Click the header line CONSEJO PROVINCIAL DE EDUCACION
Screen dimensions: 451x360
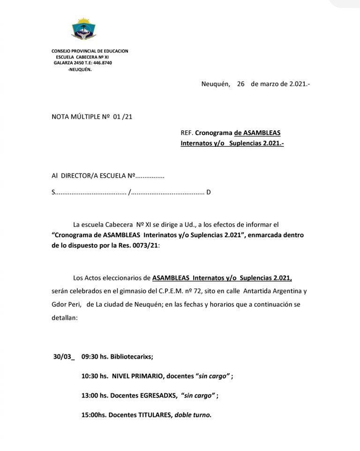click(x=90, y=51)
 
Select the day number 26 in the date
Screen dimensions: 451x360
click(x=241, y=84)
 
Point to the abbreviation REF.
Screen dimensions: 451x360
click(x=187, y=133)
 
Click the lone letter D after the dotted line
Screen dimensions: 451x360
click(x=209, y=192)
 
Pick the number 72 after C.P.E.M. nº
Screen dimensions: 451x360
click(x=196, y=291)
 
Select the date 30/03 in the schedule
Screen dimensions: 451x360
click(x=62, y=356)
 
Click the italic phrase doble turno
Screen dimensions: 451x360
click(x=193, y=415)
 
